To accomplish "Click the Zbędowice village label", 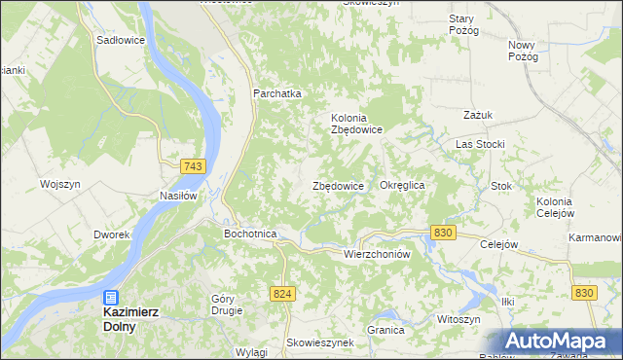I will coord(338,185).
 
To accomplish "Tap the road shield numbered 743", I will coord(193,167).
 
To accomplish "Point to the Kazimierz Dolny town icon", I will coord(111,298).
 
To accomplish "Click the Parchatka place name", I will coord(277,93).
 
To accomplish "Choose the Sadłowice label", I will coord(121,41).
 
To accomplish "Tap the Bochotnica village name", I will coord(250,234).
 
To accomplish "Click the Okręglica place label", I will coord(403,185).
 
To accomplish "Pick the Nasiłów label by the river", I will coord(179,195).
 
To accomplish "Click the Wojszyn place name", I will coord(58,183).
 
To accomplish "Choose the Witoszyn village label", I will coord(459,319).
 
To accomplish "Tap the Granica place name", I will coord(385,330).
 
